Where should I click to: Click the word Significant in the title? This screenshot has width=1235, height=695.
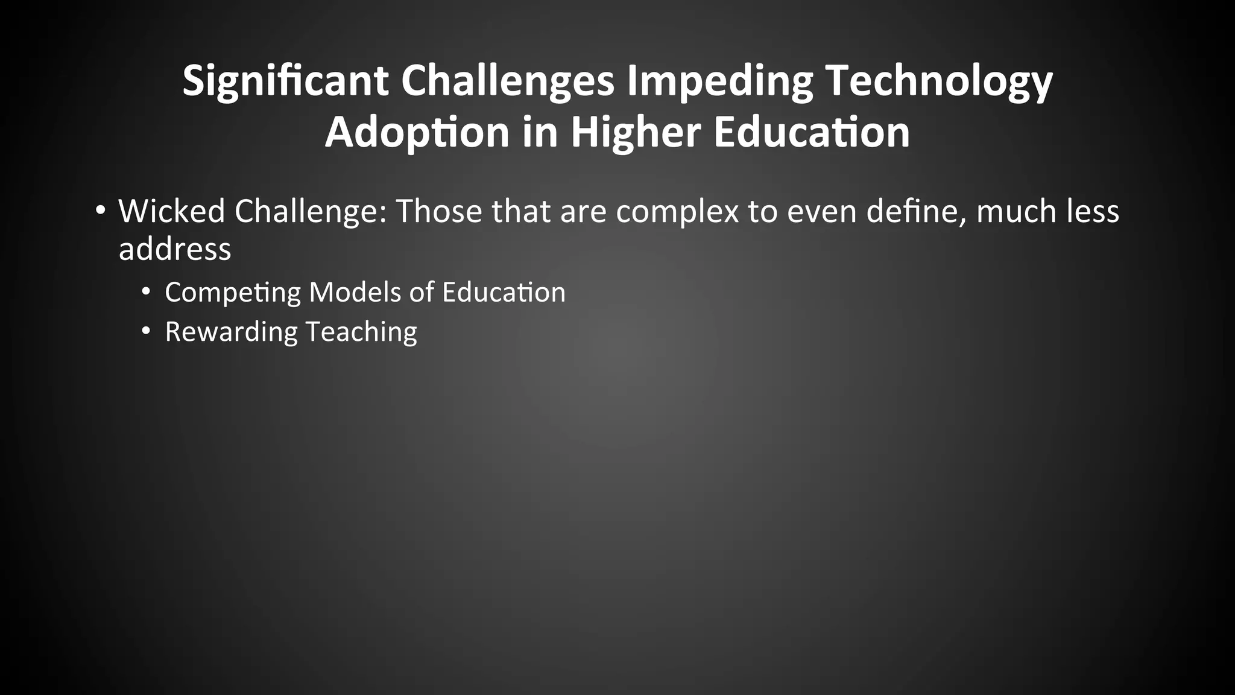(x=285, y=81)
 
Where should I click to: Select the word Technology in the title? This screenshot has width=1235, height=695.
(x=938, y=81)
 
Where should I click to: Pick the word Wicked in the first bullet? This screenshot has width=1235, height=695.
(x=171, y=211)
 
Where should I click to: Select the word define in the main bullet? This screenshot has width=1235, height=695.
(x=916, y=211)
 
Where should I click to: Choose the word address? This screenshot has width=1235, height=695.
(x=175, y=249)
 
